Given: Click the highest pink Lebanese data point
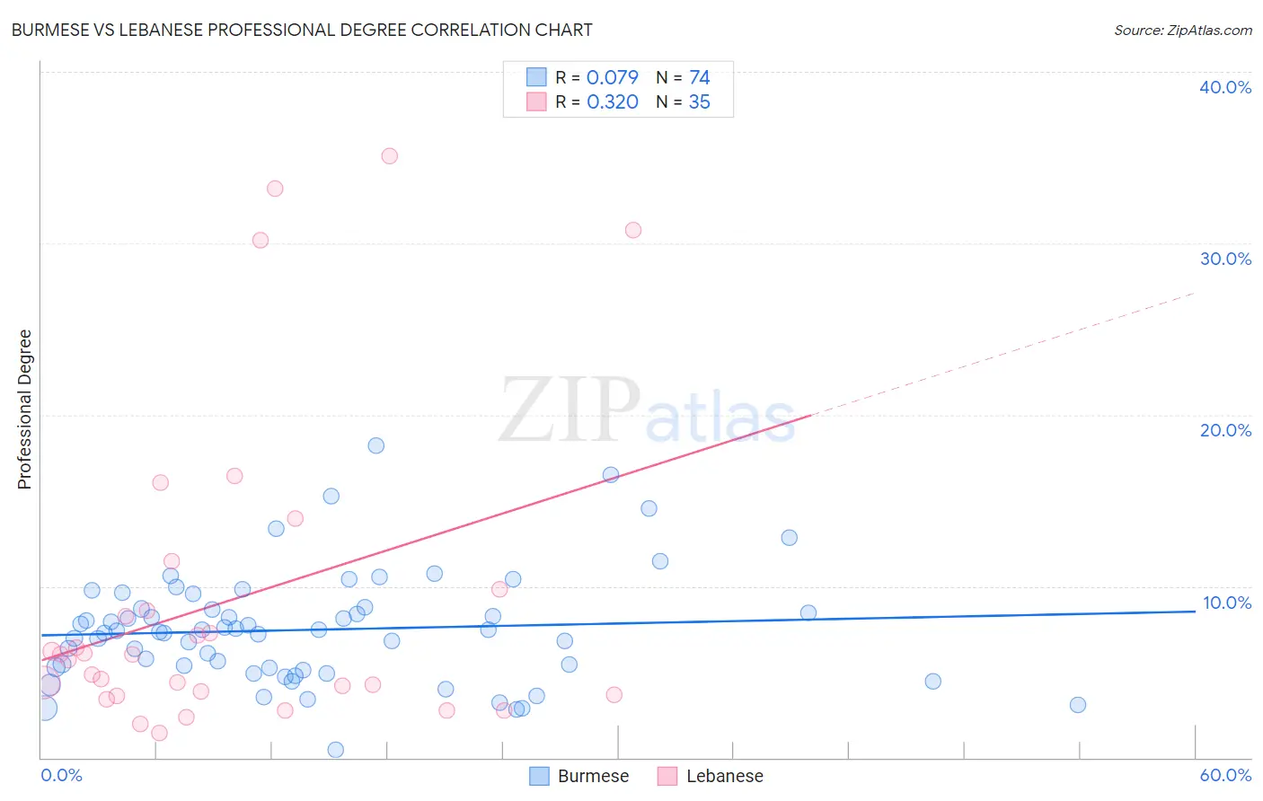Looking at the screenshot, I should [x=389, y=156].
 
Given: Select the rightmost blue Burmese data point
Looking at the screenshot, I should [x=1078, y=705].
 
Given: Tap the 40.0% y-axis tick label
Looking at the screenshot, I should [x=1225, y=87].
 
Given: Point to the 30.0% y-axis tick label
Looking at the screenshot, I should [x=1225, y=259].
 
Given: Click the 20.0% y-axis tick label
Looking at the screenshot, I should [x=1225, y=430].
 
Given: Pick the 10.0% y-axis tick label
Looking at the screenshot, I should [x=1226, y=603].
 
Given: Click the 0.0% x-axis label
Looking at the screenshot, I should [x=61, y=775].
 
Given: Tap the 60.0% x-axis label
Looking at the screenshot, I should [x=1225, y=775].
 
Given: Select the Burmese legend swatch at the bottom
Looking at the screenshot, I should [x=539, y=776].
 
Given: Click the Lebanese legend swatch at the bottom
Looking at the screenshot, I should [x=667, y=776].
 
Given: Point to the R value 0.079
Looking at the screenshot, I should [x=612, y=77].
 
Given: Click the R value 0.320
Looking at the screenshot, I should [x=612, y=102].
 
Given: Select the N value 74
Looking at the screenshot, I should [x=699, y=77].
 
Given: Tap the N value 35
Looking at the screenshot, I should [x=699, y=102].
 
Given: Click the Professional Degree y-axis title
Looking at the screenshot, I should [x=24, y=409].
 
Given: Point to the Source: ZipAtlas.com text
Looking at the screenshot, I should [x=1182, y=31].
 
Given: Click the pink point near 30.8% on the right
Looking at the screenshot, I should [x=633, y=230].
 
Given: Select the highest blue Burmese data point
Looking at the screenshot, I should [x=376, y=445].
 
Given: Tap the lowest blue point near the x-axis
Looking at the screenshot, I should [x=335, y=750].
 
